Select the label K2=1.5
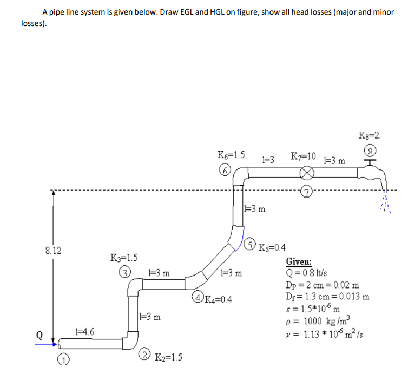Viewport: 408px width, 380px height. pos(168,357)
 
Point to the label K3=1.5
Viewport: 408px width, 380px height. pos(124,257)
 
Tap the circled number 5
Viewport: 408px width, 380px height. pos(251,245)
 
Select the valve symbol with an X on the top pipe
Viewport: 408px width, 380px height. pos(308,173)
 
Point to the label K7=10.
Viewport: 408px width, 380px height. pos(304,157)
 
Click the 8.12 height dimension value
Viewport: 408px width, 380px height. pos(52,251)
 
